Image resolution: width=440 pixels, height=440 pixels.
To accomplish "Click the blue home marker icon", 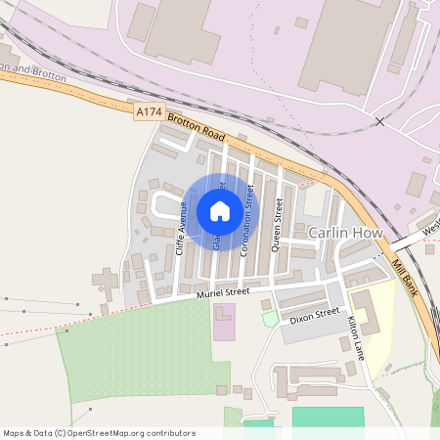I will [x=220, y=210].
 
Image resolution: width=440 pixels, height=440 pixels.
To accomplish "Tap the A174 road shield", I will [x=149, y=113].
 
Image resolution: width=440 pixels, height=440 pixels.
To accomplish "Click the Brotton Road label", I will [x=197, y=125].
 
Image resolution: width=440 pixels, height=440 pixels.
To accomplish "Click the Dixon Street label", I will [x=314, y=316].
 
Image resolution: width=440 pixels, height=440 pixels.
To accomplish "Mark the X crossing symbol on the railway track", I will [x=379, y=121].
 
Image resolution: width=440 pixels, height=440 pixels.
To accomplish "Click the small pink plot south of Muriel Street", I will [x=224, y=322].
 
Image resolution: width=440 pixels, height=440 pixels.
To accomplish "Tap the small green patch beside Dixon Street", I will [x=270, y=319].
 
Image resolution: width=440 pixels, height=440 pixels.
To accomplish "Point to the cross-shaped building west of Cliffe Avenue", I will [x=106, y=281].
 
